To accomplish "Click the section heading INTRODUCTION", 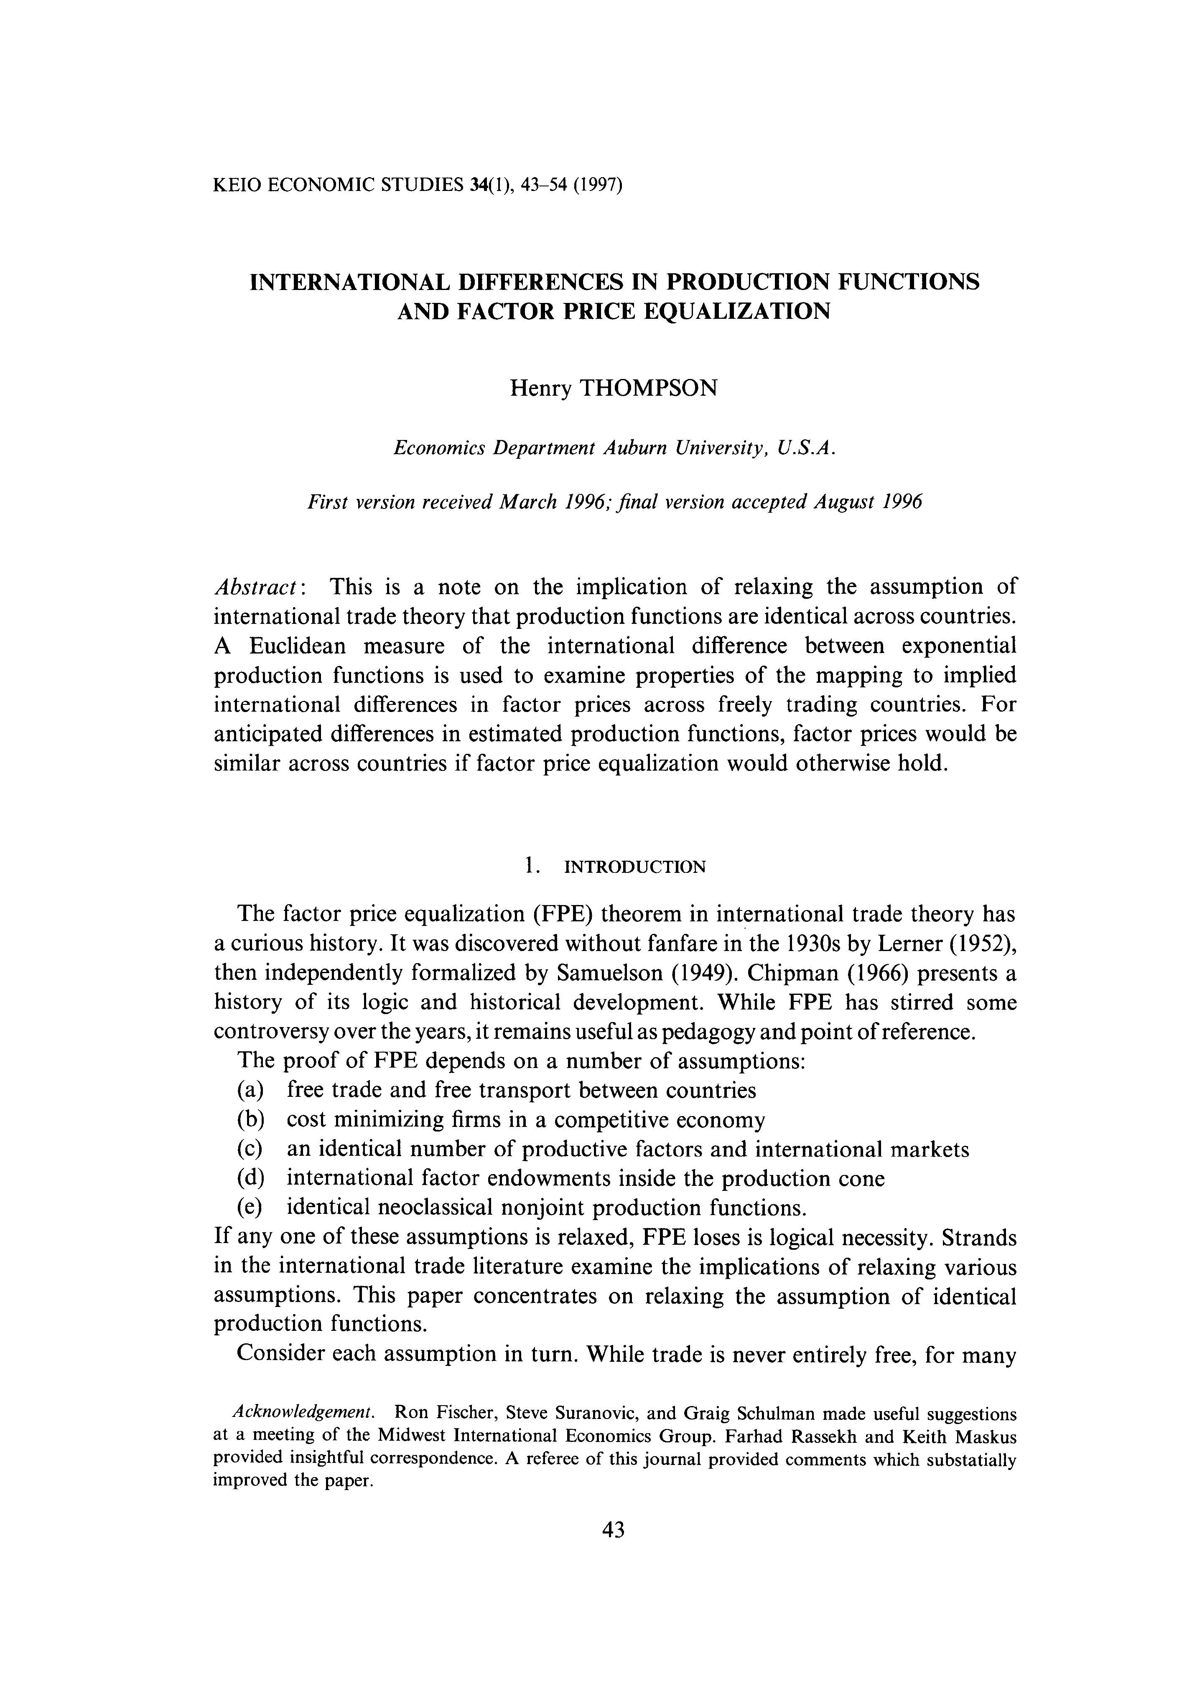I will (634, 867).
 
